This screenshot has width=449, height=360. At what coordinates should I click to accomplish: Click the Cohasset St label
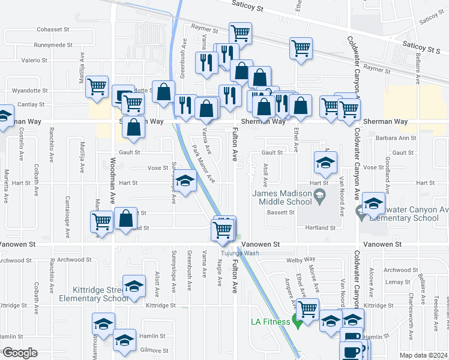pos(54,29)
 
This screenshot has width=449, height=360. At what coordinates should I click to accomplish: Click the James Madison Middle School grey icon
pos(320,194)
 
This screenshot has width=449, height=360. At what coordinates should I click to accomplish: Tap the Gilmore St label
pos(155,350)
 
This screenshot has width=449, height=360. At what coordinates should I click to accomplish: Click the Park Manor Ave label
pos(202,163)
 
